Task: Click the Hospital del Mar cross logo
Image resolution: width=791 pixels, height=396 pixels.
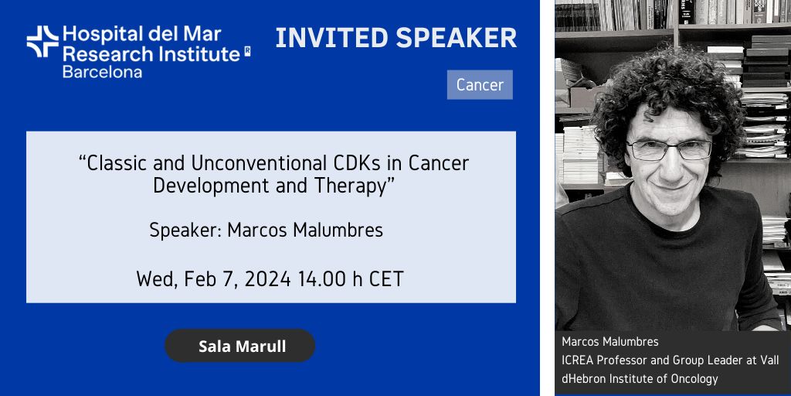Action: pos(43,42)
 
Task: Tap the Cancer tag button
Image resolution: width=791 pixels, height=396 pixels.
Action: pos(480,85)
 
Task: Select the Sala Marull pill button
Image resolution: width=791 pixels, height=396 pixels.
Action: pos(240,346)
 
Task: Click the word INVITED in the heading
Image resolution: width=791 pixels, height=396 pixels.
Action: pos(332,39)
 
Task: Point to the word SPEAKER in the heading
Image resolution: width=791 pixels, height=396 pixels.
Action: pos(457,39)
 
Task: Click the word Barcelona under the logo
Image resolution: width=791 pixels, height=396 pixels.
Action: pos(103,71)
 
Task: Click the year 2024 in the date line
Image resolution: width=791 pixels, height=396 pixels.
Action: pos(267,279)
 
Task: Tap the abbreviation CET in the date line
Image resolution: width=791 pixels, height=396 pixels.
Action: pos(386,279)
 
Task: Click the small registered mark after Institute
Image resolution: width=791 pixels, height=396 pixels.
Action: pos(247,51)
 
